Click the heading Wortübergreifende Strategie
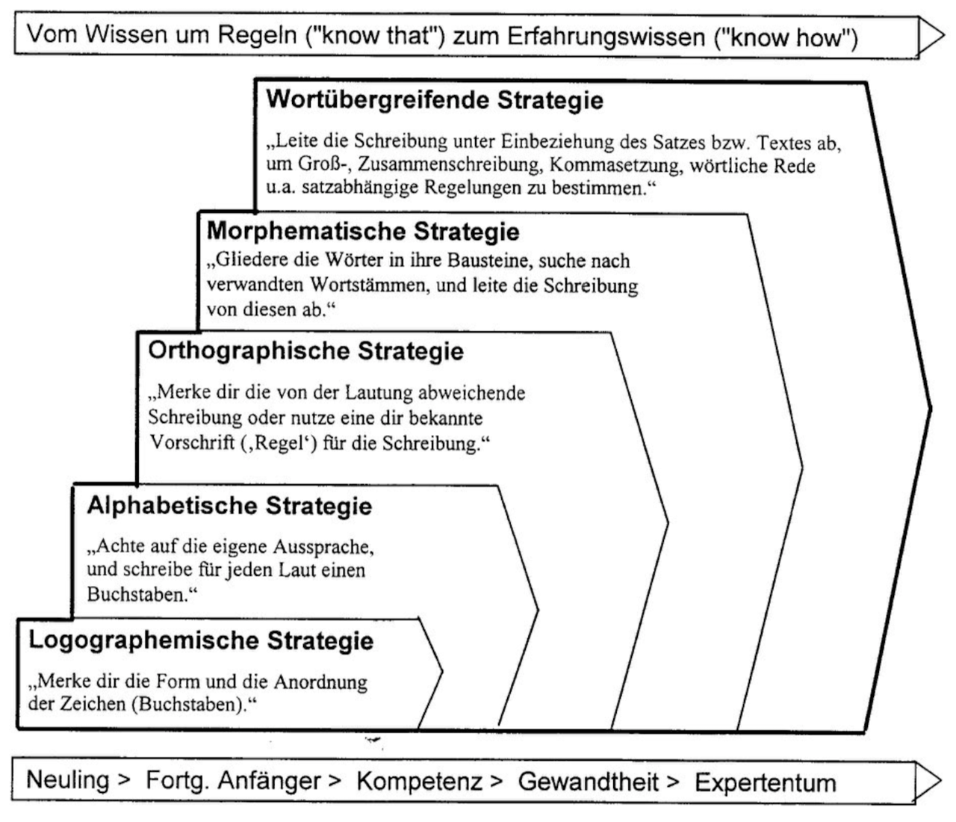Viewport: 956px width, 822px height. point(435,100)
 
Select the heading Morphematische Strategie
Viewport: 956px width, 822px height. point(363,231)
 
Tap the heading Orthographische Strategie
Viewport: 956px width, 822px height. point(306,350)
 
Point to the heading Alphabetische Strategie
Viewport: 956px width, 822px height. point(229,506)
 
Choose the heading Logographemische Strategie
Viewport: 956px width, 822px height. point(201,640)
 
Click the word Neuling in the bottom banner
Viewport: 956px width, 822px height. point(68,780)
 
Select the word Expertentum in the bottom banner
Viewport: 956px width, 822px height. point(765,782)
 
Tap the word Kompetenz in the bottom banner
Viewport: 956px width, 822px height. point(419,781)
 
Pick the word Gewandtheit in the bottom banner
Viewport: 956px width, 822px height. point(589,782)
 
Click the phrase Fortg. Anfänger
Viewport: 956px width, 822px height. point(232,781)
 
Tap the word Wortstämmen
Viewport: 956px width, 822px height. point(361,286)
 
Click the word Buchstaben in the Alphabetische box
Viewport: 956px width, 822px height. point(135,595)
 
